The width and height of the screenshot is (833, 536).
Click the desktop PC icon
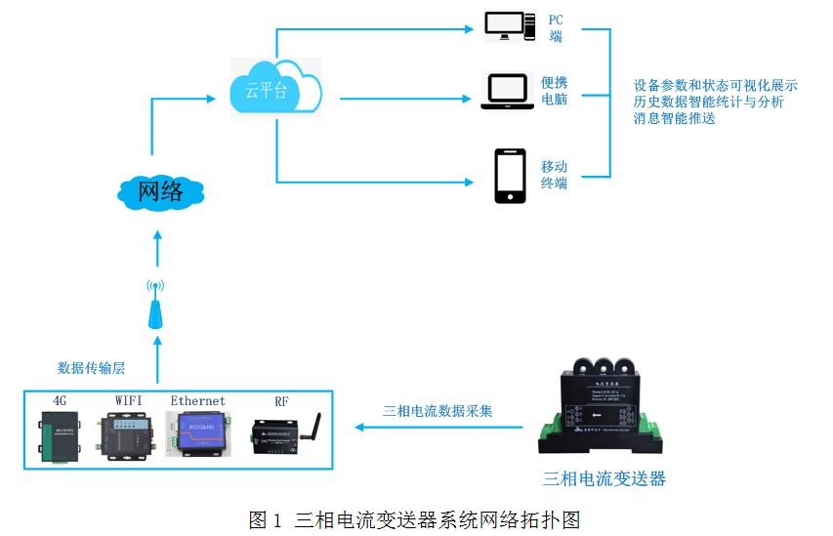click(510, 26)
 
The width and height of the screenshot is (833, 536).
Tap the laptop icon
click(507, 91)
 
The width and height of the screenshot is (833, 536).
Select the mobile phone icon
click(510, 176)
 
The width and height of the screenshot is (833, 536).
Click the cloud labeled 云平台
click(275, 87)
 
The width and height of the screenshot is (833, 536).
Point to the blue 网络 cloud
click(160, 191)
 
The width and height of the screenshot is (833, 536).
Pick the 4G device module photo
click(59, 435)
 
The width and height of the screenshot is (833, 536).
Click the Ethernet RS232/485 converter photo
click(198, 433)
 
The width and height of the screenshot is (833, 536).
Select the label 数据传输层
click(91, 368)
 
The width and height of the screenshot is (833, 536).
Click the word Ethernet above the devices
click(198, 400)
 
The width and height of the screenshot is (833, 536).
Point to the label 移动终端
click(555, 175)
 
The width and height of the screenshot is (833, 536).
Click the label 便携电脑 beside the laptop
click(555, 91)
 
